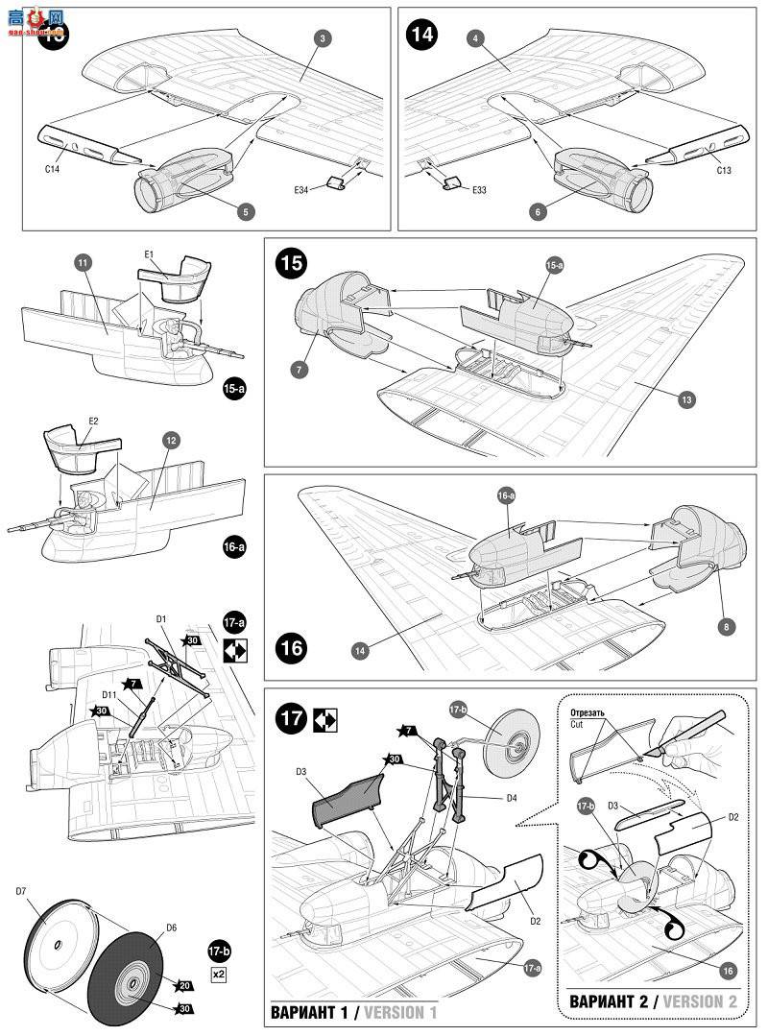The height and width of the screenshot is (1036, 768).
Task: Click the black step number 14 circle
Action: (x=421, y=36)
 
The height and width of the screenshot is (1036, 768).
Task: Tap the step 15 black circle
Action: (x=291, y=263)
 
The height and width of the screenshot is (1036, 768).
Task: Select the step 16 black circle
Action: (x=292, y=647)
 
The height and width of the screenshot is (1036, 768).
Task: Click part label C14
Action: (x=52, y=169)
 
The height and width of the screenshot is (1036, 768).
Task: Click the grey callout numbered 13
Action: (x=685, y=399)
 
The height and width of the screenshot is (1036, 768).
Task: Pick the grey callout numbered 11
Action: (x=83, y=261)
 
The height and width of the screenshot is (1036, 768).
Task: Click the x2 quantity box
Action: (x=218, y=974)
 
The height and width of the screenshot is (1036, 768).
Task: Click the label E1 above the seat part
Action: (x=150, y=254)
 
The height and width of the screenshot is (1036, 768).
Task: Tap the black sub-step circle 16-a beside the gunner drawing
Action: (x=234, y=547)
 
